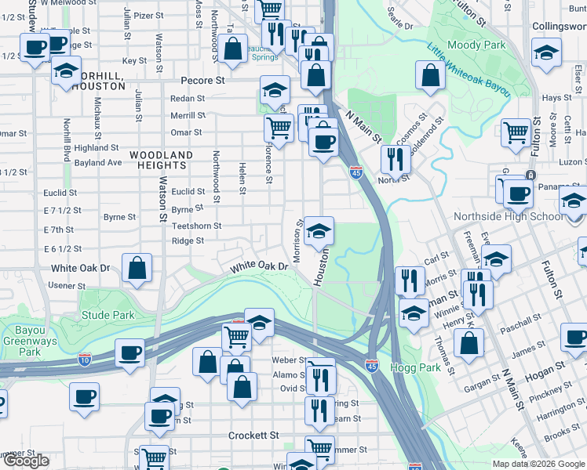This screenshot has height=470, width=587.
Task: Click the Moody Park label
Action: [x=476, y=45]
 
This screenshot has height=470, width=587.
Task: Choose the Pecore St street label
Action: [x=202, y=80]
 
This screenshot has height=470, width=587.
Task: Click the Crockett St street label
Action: [x=253, y=435]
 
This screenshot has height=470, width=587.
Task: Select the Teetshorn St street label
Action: [x=196, y=226]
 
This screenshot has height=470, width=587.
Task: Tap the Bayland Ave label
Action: [x=98, y=163]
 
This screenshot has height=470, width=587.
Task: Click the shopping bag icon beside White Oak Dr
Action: [x=137, y=266]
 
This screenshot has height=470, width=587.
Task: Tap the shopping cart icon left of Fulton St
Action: [x=516, y=133]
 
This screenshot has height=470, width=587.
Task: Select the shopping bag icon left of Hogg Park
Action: [x=469, y=342]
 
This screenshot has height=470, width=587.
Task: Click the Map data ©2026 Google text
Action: [x=538, y=464]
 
